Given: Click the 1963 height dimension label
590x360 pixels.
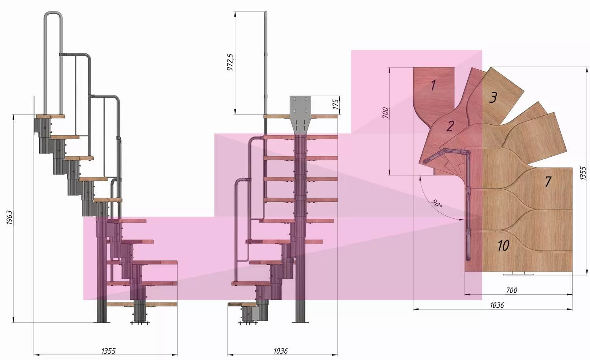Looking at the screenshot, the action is (9, 218).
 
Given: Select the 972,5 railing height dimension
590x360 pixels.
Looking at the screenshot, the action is (230, 62).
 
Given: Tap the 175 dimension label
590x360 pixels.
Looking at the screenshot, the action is (335, 104).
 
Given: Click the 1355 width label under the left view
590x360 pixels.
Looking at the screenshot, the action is (109, 351).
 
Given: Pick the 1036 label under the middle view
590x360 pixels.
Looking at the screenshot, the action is (280, 351).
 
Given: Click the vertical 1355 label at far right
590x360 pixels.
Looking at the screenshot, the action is (583, 173).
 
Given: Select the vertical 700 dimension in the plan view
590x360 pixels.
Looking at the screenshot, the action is (385, 113).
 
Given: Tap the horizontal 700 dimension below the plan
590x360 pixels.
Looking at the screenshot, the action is (511, 290).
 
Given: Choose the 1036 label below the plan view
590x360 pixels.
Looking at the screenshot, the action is (497, 305).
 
